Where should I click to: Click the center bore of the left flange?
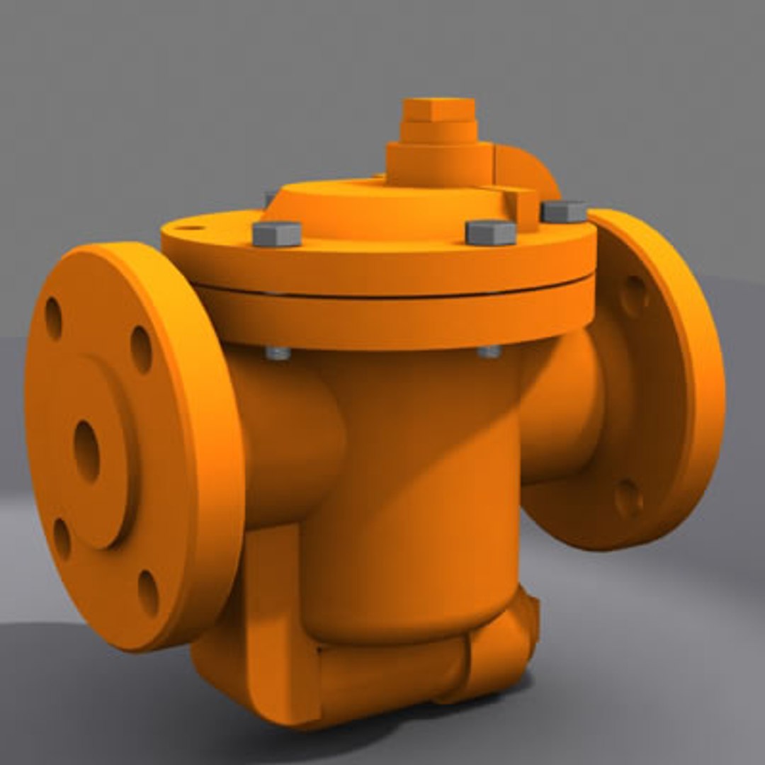point(86,451)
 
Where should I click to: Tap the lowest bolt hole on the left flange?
point(147,592)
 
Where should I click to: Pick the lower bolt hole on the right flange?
point(628,499)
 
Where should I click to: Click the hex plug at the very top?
point(439,109)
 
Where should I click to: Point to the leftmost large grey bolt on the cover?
point(277,234)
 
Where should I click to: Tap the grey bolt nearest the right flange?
point(564,211)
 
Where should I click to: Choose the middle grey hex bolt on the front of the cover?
point(490,232)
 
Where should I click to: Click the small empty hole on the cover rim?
point(188,228)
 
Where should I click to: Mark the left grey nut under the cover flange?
point(278,353)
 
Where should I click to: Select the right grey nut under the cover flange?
point(489,351)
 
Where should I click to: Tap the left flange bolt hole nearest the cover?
point(141,349)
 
